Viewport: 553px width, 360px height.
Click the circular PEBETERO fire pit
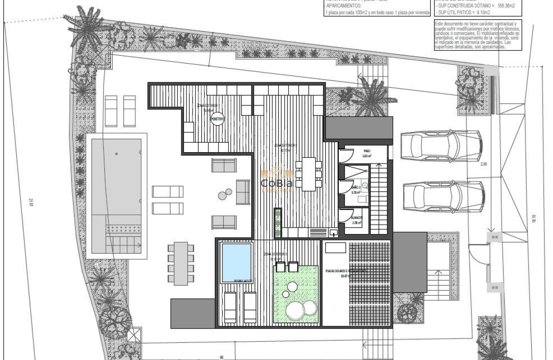coord(218,120)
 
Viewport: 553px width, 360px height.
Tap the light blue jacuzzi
coord(236,262)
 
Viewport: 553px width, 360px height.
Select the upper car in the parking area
coord(441,146)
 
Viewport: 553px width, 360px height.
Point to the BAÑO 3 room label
coord(355,190)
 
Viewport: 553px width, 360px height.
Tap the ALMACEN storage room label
coord(358,220)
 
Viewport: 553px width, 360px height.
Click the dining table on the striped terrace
coord(309,174)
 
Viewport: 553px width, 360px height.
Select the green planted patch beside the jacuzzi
coord(296,296)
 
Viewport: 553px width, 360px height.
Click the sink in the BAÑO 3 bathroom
coord(365,186)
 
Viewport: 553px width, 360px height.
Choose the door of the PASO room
coord(346,155)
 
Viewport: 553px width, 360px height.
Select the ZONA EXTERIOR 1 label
coord(208,106)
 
